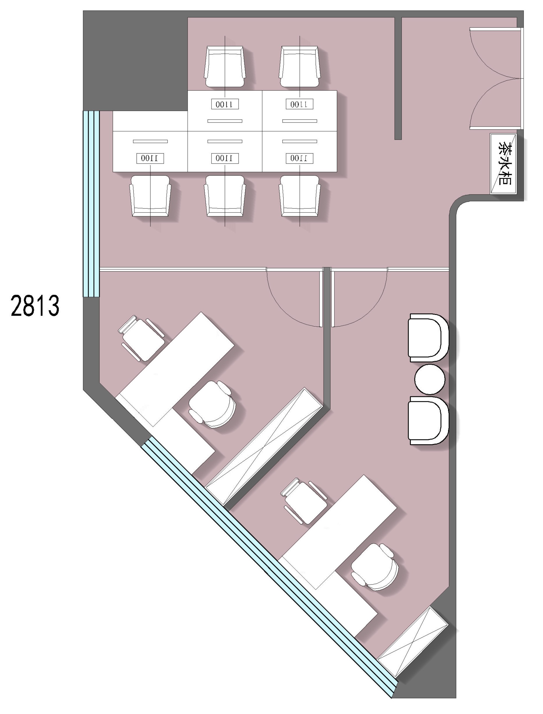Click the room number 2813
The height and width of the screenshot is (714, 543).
35,305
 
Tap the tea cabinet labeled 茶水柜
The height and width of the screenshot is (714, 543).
503,164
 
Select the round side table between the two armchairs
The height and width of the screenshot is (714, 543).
430,379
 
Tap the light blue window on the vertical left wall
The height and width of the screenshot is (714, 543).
91,204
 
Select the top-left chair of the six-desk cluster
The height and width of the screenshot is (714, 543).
225,67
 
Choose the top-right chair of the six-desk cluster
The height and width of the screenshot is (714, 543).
300,67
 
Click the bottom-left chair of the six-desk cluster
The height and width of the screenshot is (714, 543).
150,196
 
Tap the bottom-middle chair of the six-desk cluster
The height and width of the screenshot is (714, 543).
225,196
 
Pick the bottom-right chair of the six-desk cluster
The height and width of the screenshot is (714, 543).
300,196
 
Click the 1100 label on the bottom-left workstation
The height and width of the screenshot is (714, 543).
150,158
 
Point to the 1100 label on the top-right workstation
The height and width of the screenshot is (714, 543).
300,104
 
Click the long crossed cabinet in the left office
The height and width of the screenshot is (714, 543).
264,446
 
